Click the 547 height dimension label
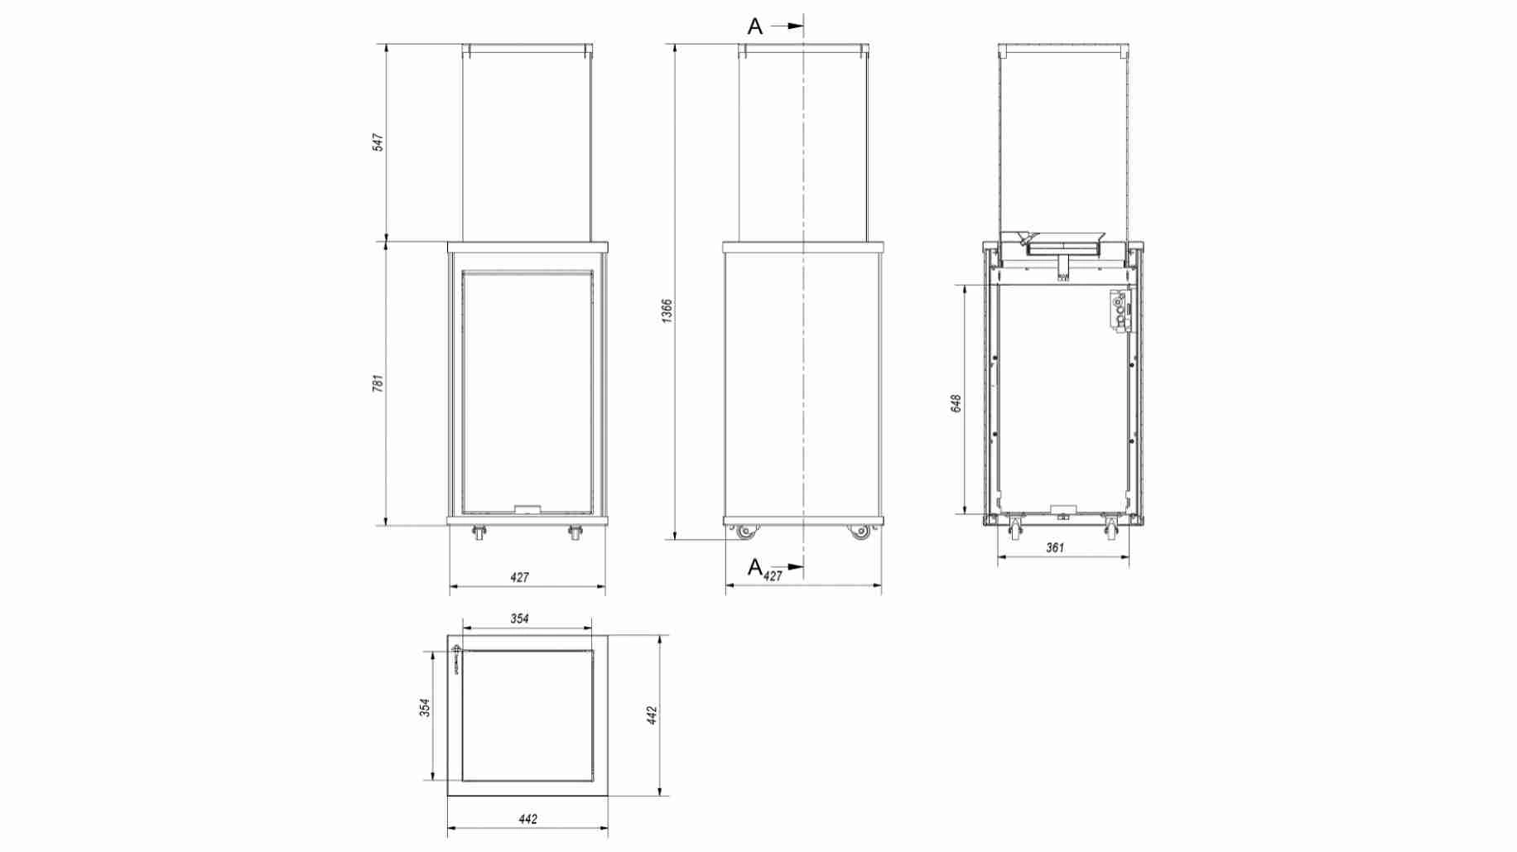pyautogui.click(x=378, y=142)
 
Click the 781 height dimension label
pyautogui.click(x=378, y=383)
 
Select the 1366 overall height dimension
pyautogui.click(x=667, y=310)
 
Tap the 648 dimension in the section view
pyautogui.click(x=956, y=403)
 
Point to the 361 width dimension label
pyautogui.click(x=1055, y=547)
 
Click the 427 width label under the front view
pyautogui.click(x=519, y=577)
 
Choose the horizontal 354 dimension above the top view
pyautogui.click(x=519, y=619)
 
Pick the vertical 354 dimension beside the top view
pyautogui.click(x=425, y=708)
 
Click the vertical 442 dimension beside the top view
pyautogui.click(x=652, y=715)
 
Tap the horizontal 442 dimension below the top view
pyautogui.click(x=527, y=819)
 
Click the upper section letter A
pyautogui.click(x=754, y=26)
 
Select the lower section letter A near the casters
pyautogui.click(x=754, y=567)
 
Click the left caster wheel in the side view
pyautogui.click(x=747, y=532)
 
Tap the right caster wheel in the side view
pyautogui.click(x=860, y=532)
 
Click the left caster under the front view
pyautogui.click(x=479, y=534)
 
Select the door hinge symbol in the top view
pyautogui.click(x=456, y=659)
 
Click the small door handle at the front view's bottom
pyautogui.click(x=527, y=509)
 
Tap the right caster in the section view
pyautogui.click(x=1111, y=527)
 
